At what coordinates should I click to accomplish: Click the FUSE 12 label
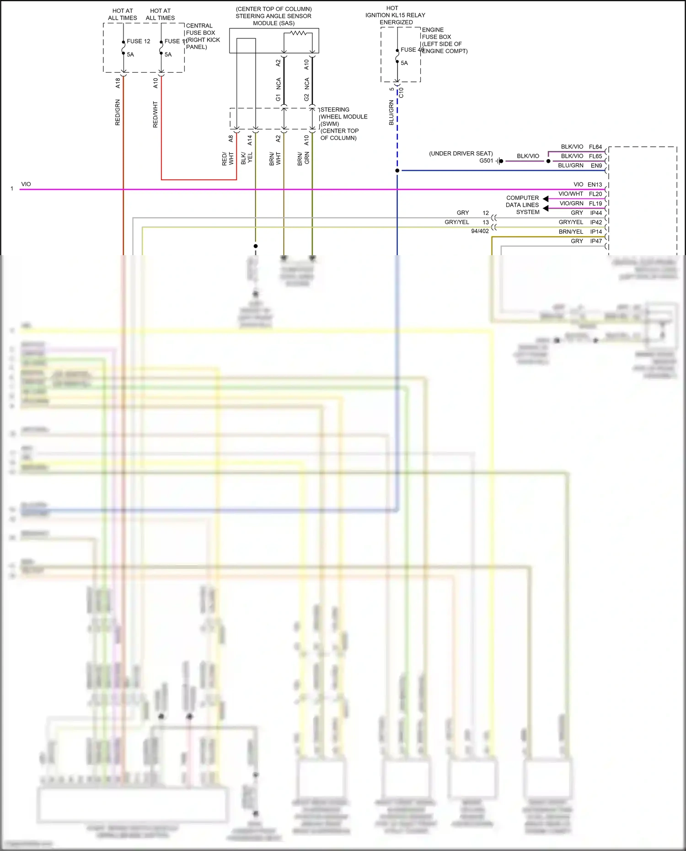click(138, 41)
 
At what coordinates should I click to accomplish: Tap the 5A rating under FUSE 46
click(404, 63)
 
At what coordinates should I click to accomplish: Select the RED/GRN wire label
click(118, 112)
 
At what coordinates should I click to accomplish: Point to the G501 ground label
click(486, 161)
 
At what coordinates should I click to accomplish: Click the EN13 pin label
click(595, 184)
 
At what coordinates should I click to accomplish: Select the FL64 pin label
click(595, 147)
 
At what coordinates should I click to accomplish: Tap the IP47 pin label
click(596, 241)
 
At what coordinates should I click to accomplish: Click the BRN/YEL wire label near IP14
click(571, 232)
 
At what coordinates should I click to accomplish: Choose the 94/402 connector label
click(480, 231)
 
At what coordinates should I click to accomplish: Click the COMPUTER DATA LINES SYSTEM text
click(522, 205)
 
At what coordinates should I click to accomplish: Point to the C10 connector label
click(402, 93)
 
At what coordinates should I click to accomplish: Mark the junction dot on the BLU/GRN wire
click(397, 171)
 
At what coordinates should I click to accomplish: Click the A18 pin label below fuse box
click(118, 83)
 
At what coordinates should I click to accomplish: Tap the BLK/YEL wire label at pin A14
click(247, 158)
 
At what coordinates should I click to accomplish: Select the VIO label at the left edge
click(26, 184)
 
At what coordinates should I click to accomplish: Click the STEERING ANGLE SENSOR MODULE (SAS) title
click(273, 16)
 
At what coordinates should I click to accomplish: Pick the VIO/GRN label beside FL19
click(571, 203)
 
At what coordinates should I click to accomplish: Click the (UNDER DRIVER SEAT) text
click(461, 154)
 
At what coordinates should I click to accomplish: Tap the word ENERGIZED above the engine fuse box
click(396, 22)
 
